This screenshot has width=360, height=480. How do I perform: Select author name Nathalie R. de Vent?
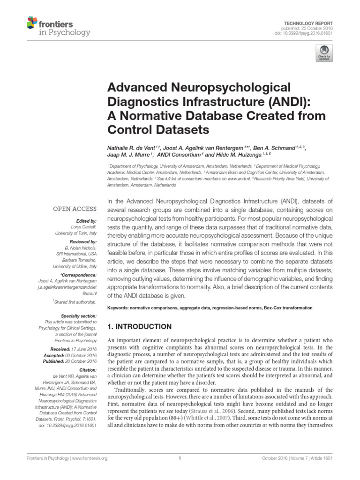[135, 148]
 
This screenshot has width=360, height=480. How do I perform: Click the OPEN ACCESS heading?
[75, 209]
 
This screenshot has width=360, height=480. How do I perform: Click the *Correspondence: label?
[79, 275]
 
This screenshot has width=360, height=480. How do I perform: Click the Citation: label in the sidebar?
[86, 370]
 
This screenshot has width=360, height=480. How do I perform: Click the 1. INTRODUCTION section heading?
[140, 326]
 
